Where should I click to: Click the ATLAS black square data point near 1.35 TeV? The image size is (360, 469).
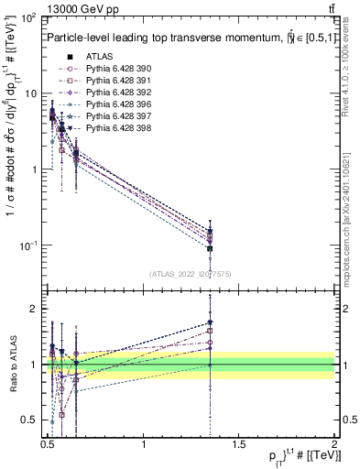coord(210,247)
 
